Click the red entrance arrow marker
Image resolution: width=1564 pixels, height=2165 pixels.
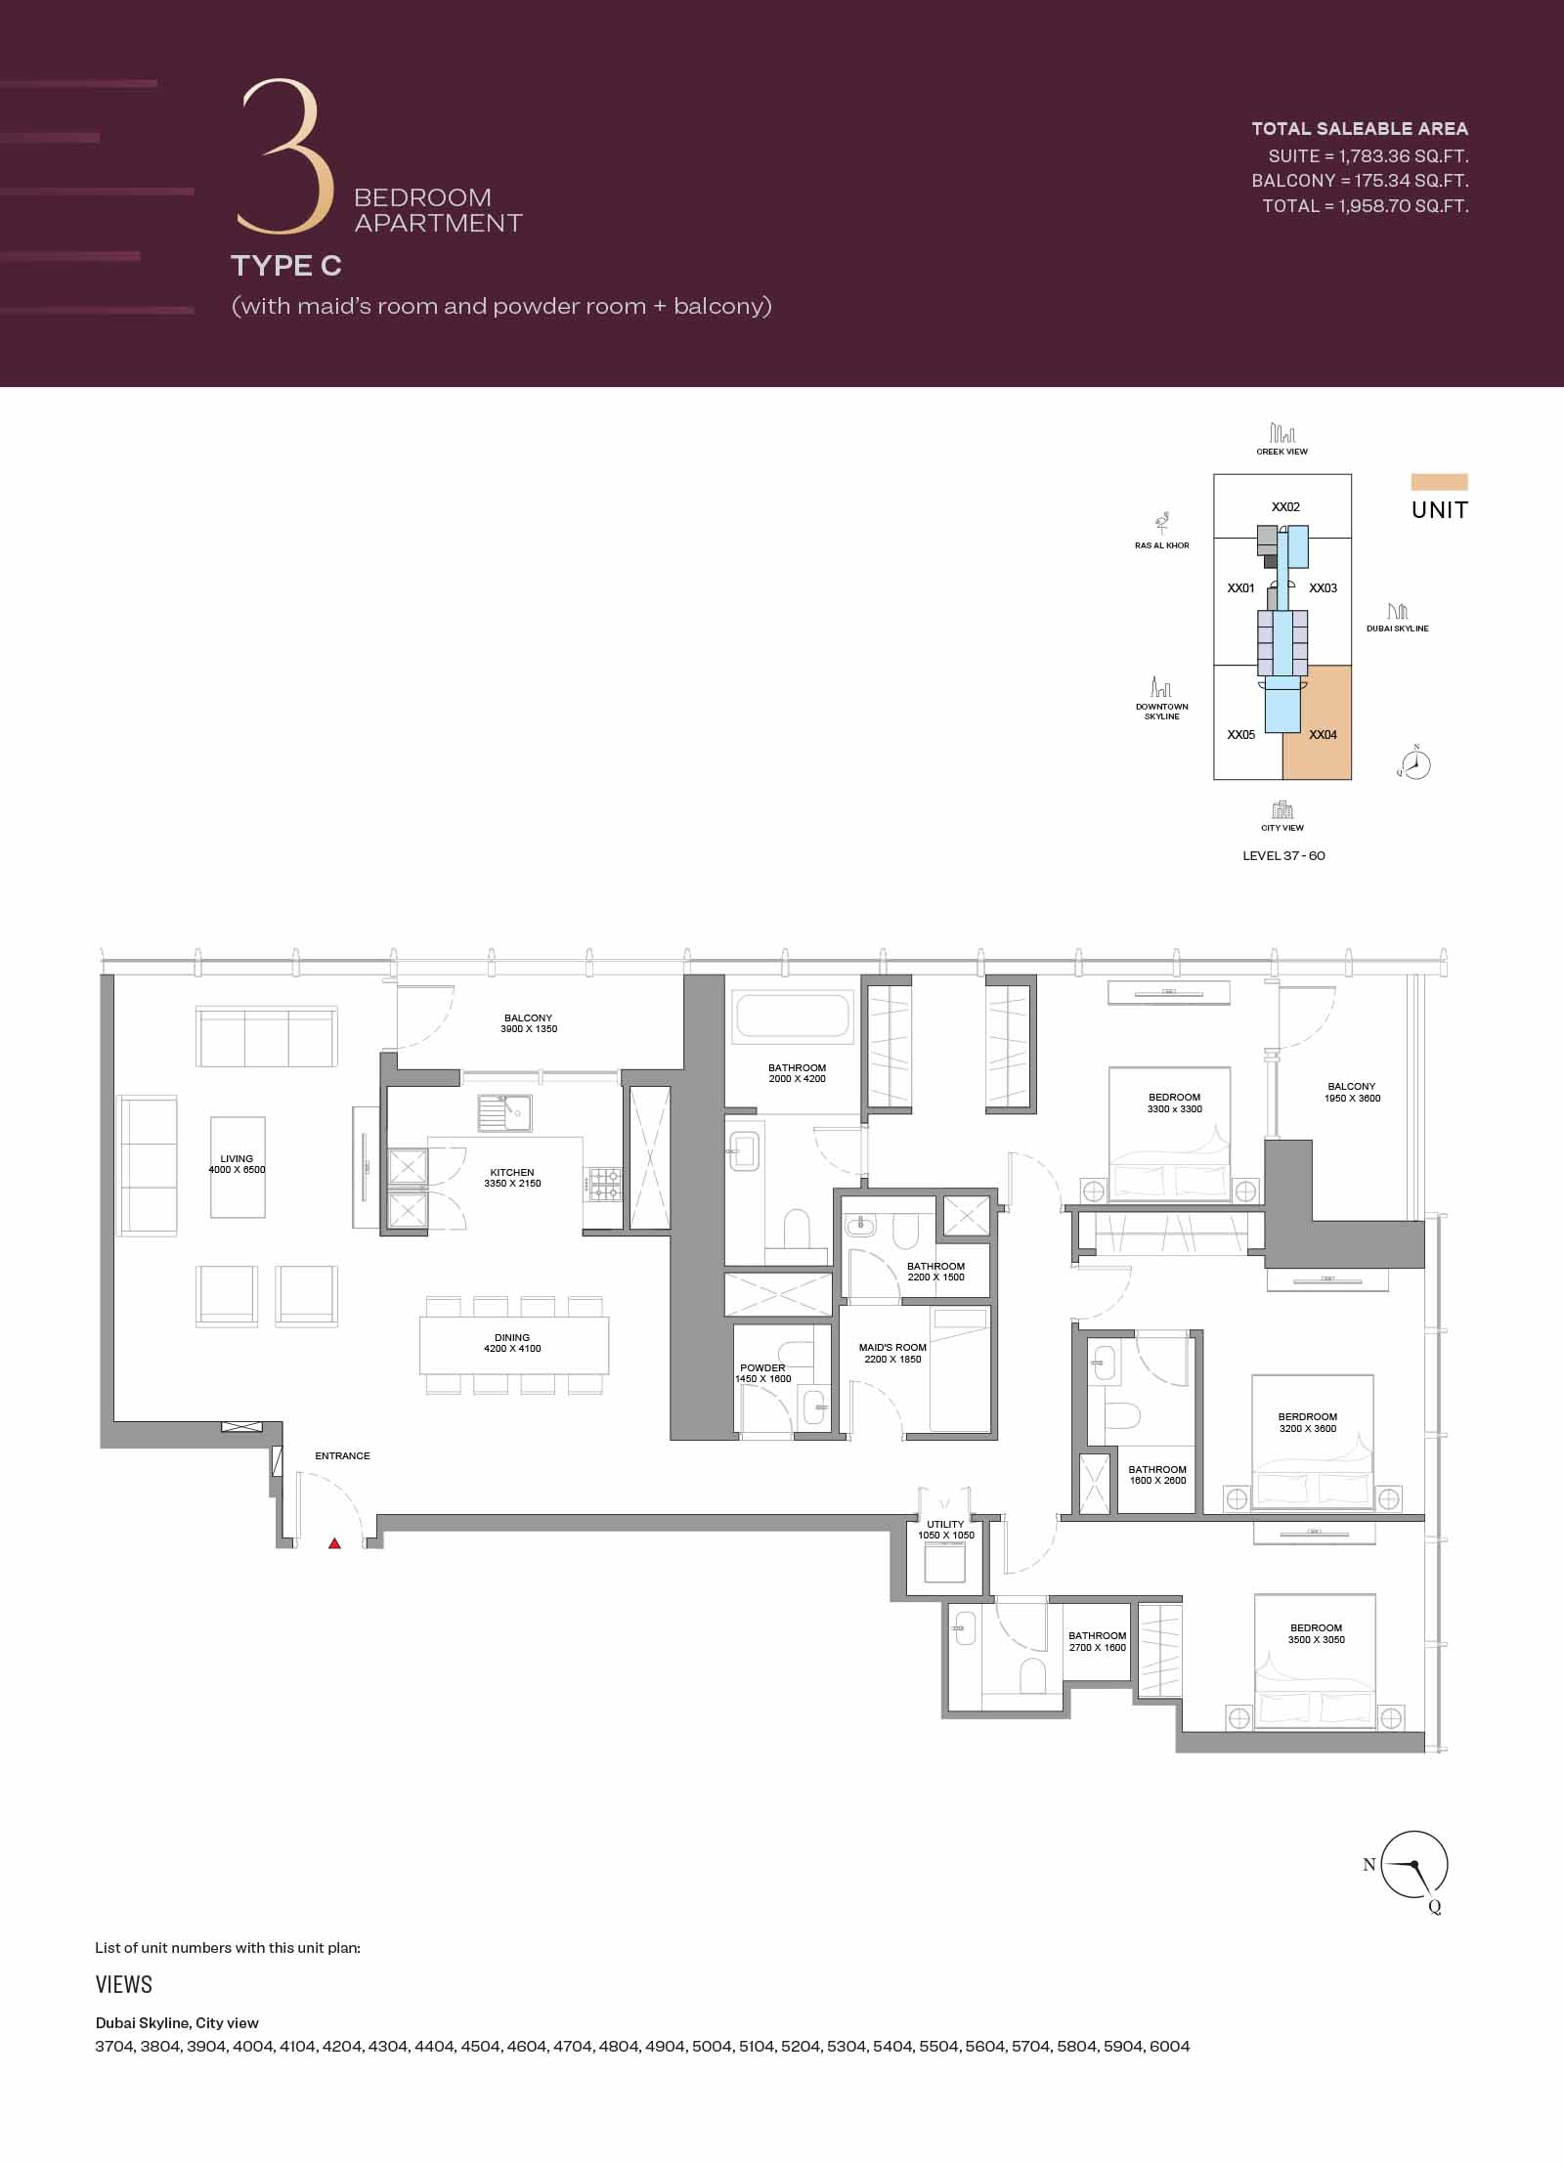pyautogui.click(x=334, y=1543)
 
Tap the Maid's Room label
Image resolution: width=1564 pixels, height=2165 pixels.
pyautogui.click(x=892, y=1353)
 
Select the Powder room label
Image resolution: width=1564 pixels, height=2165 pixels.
pyautogui.click(x=762, y=1373)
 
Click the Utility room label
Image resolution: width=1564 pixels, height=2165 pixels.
pyautogui.click(x=945, y=1530)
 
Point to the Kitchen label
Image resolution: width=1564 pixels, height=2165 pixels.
pyautogui.click(x=512, y=1178)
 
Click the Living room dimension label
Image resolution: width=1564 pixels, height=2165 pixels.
pyautogui.click(x=237, y=1170)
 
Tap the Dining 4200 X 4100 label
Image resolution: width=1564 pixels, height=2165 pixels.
pyautogui.click(x=512, y=1343)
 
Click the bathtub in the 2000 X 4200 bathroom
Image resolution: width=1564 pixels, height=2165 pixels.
pyautogui.click(x=793, y=1016)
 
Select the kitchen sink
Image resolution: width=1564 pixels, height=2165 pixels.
pyautogui.click(x=504, y=1112)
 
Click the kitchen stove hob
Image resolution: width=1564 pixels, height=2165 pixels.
pyautogui.click(x=604, y=1185)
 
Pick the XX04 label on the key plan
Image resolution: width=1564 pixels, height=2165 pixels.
pyautogui.click(x=1323, y=735)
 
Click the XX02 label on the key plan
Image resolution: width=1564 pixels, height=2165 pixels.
pyautogui.click(x=1285, y=507)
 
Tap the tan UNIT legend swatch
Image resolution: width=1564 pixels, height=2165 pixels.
pyautogui.click(x=1439, y=482)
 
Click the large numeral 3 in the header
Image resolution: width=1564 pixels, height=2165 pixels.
pyautogui.click(x=282, y=156)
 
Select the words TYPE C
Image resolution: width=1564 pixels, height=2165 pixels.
pyautogui.click(x=286, y=265)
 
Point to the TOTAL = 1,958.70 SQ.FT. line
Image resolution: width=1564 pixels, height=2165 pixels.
pyautogui.click(x=1365, y=206)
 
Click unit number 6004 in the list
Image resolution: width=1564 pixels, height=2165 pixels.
pyautogui.click(x=1169, y=2047)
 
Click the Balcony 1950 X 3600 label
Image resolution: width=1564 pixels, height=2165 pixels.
pyautogui.click(x=1352, y=1092)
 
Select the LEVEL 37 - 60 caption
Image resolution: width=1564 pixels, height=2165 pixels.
pyautogui.click(x=1283, y=856)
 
